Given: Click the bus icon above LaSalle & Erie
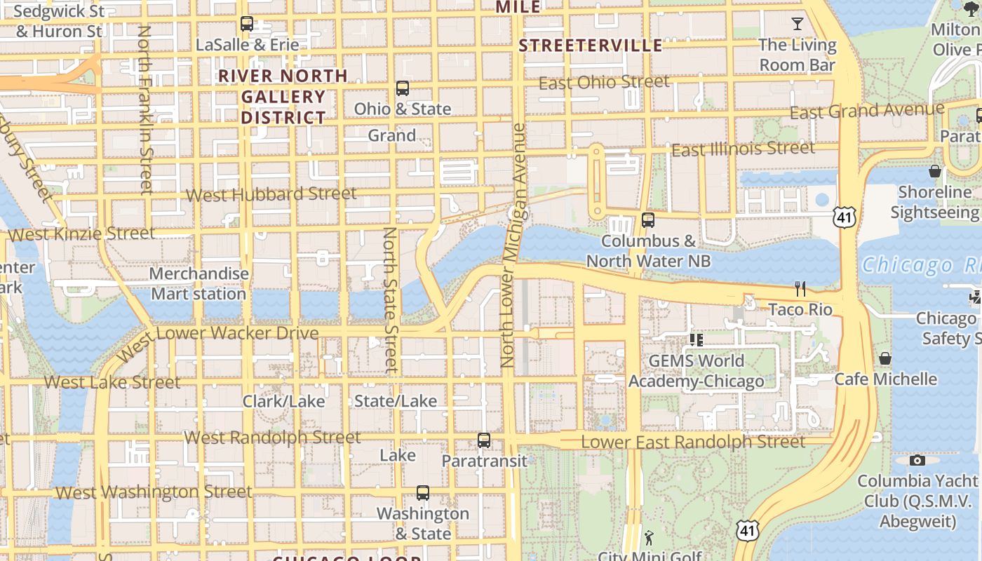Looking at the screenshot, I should (x=246, y=23).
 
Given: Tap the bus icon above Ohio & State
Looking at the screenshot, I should (x=402, y=88).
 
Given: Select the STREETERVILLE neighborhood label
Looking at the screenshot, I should (x=590, y=46).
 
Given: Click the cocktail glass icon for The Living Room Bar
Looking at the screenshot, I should (x=797, y=24).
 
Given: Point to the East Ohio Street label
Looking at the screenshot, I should (x=603, y=82).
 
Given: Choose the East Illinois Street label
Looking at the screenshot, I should (x=743, y=149).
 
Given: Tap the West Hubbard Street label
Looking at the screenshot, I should (x=271, y=194).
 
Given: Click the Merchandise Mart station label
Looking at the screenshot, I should (x=199, y=283).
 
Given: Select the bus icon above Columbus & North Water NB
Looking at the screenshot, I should (x=648, y=219).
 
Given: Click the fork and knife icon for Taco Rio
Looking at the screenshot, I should (x=800, y=288).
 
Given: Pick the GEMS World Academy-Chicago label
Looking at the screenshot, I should (x=696, y=371).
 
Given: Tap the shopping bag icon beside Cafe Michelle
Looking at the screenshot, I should (x=885, y=358).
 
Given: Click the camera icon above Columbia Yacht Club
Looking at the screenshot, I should (x=917, y=460).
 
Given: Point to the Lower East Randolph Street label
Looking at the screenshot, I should (x=692, y=442).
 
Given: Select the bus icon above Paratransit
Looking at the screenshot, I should (x=484, y=440).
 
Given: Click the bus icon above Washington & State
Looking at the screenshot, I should (x=422, y=492).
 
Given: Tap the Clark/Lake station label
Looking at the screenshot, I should (x=283, y=401).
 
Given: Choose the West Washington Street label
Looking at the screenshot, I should (x=153, y=492).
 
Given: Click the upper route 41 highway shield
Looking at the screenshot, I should (x=845, y=217).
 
